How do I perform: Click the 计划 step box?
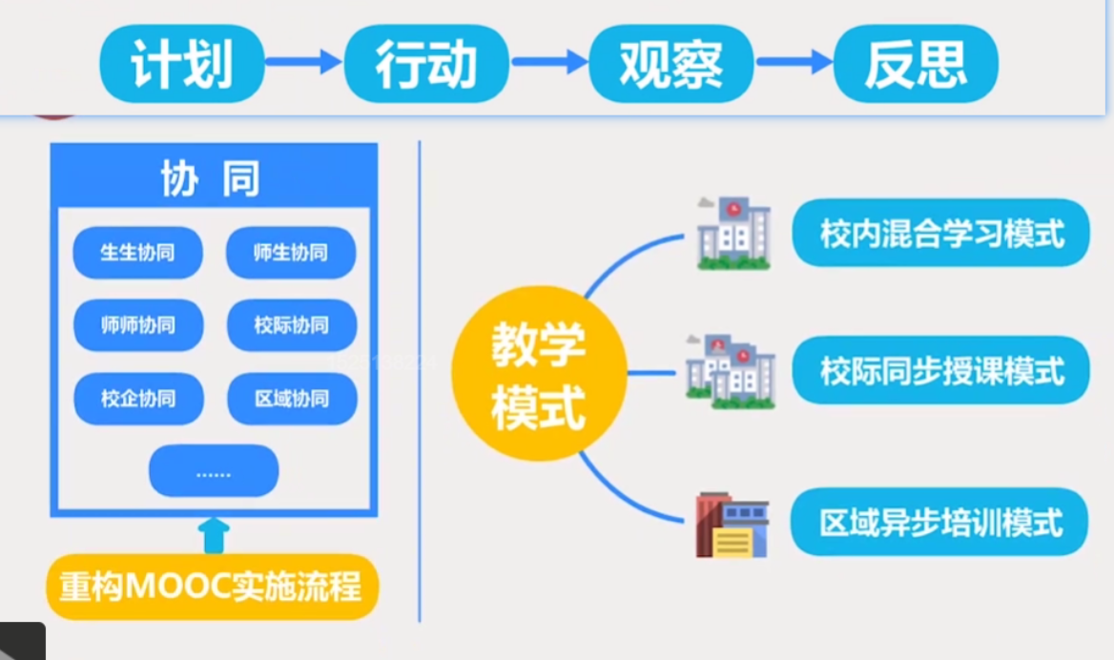(181, 64)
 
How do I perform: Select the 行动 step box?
(425, 64)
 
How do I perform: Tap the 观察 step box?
(670, 64)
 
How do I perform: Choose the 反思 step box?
(916, 64)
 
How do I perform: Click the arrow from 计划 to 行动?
(303, 63)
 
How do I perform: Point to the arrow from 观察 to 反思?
(794, 63)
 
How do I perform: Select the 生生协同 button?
(138, 253)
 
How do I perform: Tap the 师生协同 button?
(291, 253)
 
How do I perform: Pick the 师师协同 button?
(138, 325)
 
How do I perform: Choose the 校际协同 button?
(291, 325)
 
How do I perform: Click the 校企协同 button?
(138, 398)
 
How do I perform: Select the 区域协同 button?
(291, 398)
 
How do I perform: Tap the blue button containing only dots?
(214, 471)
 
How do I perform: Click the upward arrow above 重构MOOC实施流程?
(216, 535)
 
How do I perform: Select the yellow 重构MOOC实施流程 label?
(212, 587)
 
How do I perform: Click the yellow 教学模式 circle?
(539, 374)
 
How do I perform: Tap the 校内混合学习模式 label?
(941, 233)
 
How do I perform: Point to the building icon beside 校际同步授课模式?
(730, 372)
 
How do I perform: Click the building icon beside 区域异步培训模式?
(732, 525)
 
